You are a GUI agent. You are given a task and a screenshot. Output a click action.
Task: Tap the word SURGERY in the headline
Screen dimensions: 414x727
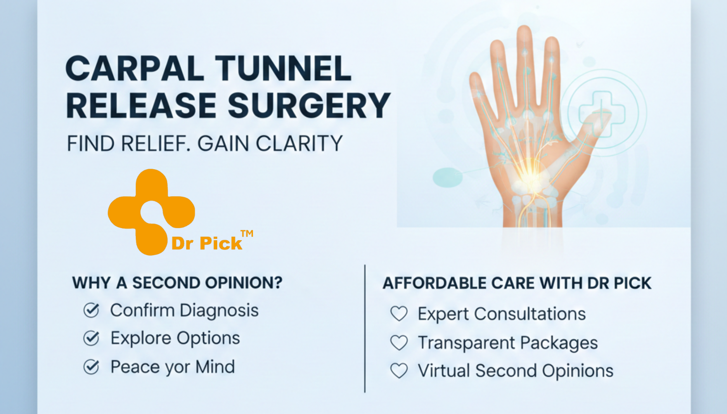click(309, 106)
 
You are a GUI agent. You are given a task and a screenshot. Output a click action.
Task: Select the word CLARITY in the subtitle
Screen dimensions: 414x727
click(299, 144)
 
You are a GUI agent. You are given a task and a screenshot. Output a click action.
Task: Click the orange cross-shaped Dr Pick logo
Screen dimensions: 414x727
click(151, 211)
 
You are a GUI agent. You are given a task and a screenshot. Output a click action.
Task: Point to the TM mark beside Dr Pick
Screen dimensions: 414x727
click(247, 233)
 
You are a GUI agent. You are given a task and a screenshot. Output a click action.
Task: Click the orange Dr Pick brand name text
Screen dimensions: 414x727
click(207, 244)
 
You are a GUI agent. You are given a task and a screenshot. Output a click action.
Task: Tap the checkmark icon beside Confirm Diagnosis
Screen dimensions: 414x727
click(92, 310)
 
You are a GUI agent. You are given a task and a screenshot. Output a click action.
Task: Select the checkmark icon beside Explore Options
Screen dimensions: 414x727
click(92, 338)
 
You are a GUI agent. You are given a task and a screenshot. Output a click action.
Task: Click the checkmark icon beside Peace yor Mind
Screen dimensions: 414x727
click(92, 367)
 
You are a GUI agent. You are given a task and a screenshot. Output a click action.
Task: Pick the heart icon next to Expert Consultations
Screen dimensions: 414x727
click(399, 314)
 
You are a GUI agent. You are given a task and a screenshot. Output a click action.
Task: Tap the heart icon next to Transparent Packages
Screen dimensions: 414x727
click(399, 343)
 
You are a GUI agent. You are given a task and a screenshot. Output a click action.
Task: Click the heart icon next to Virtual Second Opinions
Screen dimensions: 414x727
click(399, 371)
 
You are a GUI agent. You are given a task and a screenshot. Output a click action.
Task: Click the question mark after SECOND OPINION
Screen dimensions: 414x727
click(278, 283)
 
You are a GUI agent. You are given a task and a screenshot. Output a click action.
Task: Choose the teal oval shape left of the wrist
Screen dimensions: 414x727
click(448, 177)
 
